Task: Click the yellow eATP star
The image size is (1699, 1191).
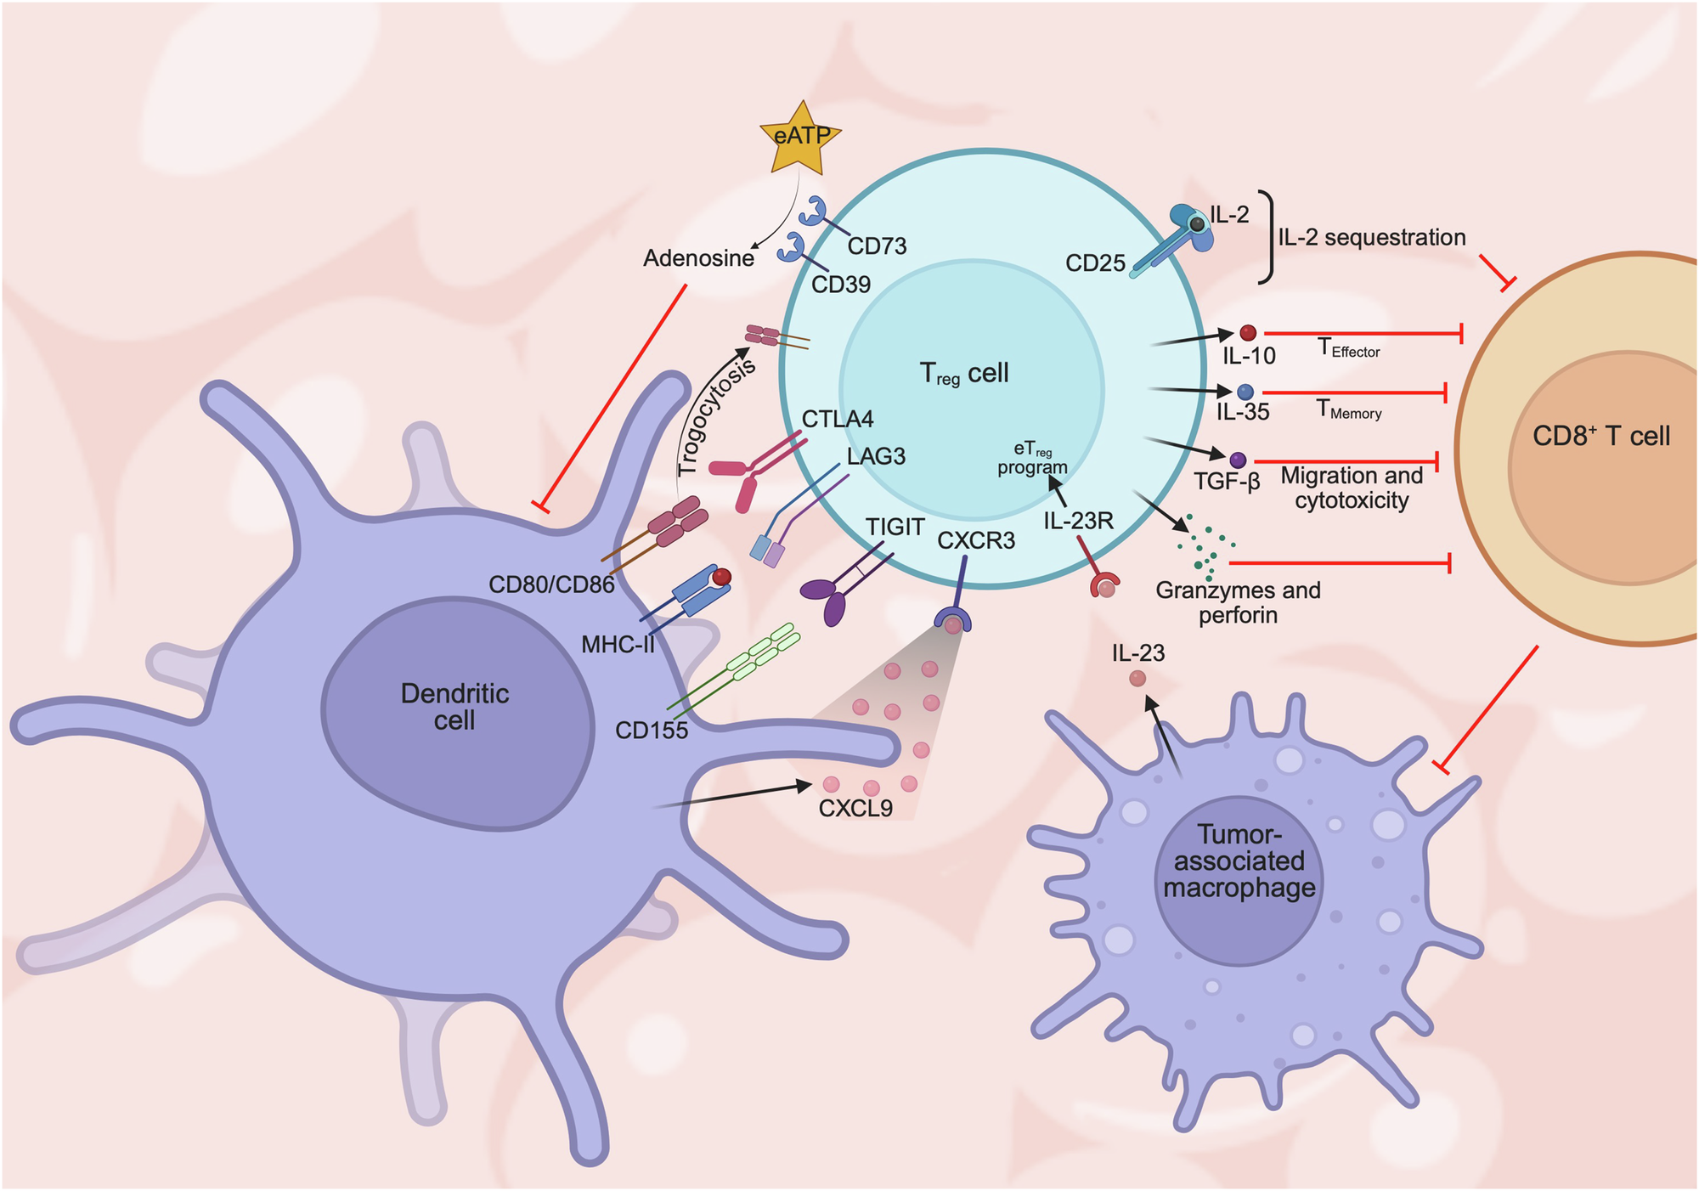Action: tap(801, 138)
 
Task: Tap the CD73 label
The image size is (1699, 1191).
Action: tap(877, 246)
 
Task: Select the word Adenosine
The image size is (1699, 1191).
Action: tap(698, 258)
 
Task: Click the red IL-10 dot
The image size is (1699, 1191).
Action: tap(1247, 333)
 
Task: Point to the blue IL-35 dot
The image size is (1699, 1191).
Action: tap(1245, 392)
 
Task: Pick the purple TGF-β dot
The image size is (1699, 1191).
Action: tap(1238, 460)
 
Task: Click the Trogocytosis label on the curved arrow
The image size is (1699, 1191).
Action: tap(715, 418)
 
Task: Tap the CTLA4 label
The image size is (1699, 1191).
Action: tap(837, 419)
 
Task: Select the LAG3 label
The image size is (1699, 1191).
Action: tap(876, 456)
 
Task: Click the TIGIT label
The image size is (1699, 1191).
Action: tap(895, 528)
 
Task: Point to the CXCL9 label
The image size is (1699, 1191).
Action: tap(855, 808)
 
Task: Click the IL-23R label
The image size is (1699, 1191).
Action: tap(1078, 521)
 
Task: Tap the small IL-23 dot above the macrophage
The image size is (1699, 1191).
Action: tap(1137, 679)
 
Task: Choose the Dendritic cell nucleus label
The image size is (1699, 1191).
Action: tap(454, 707)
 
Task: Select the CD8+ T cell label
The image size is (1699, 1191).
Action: tap(1600, 437)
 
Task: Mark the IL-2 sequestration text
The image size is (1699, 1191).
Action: tap(1371, 237)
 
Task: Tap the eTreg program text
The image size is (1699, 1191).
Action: tap(1032, 459)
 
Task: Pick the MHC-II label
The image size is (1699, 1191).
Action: tap(618, 645)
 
